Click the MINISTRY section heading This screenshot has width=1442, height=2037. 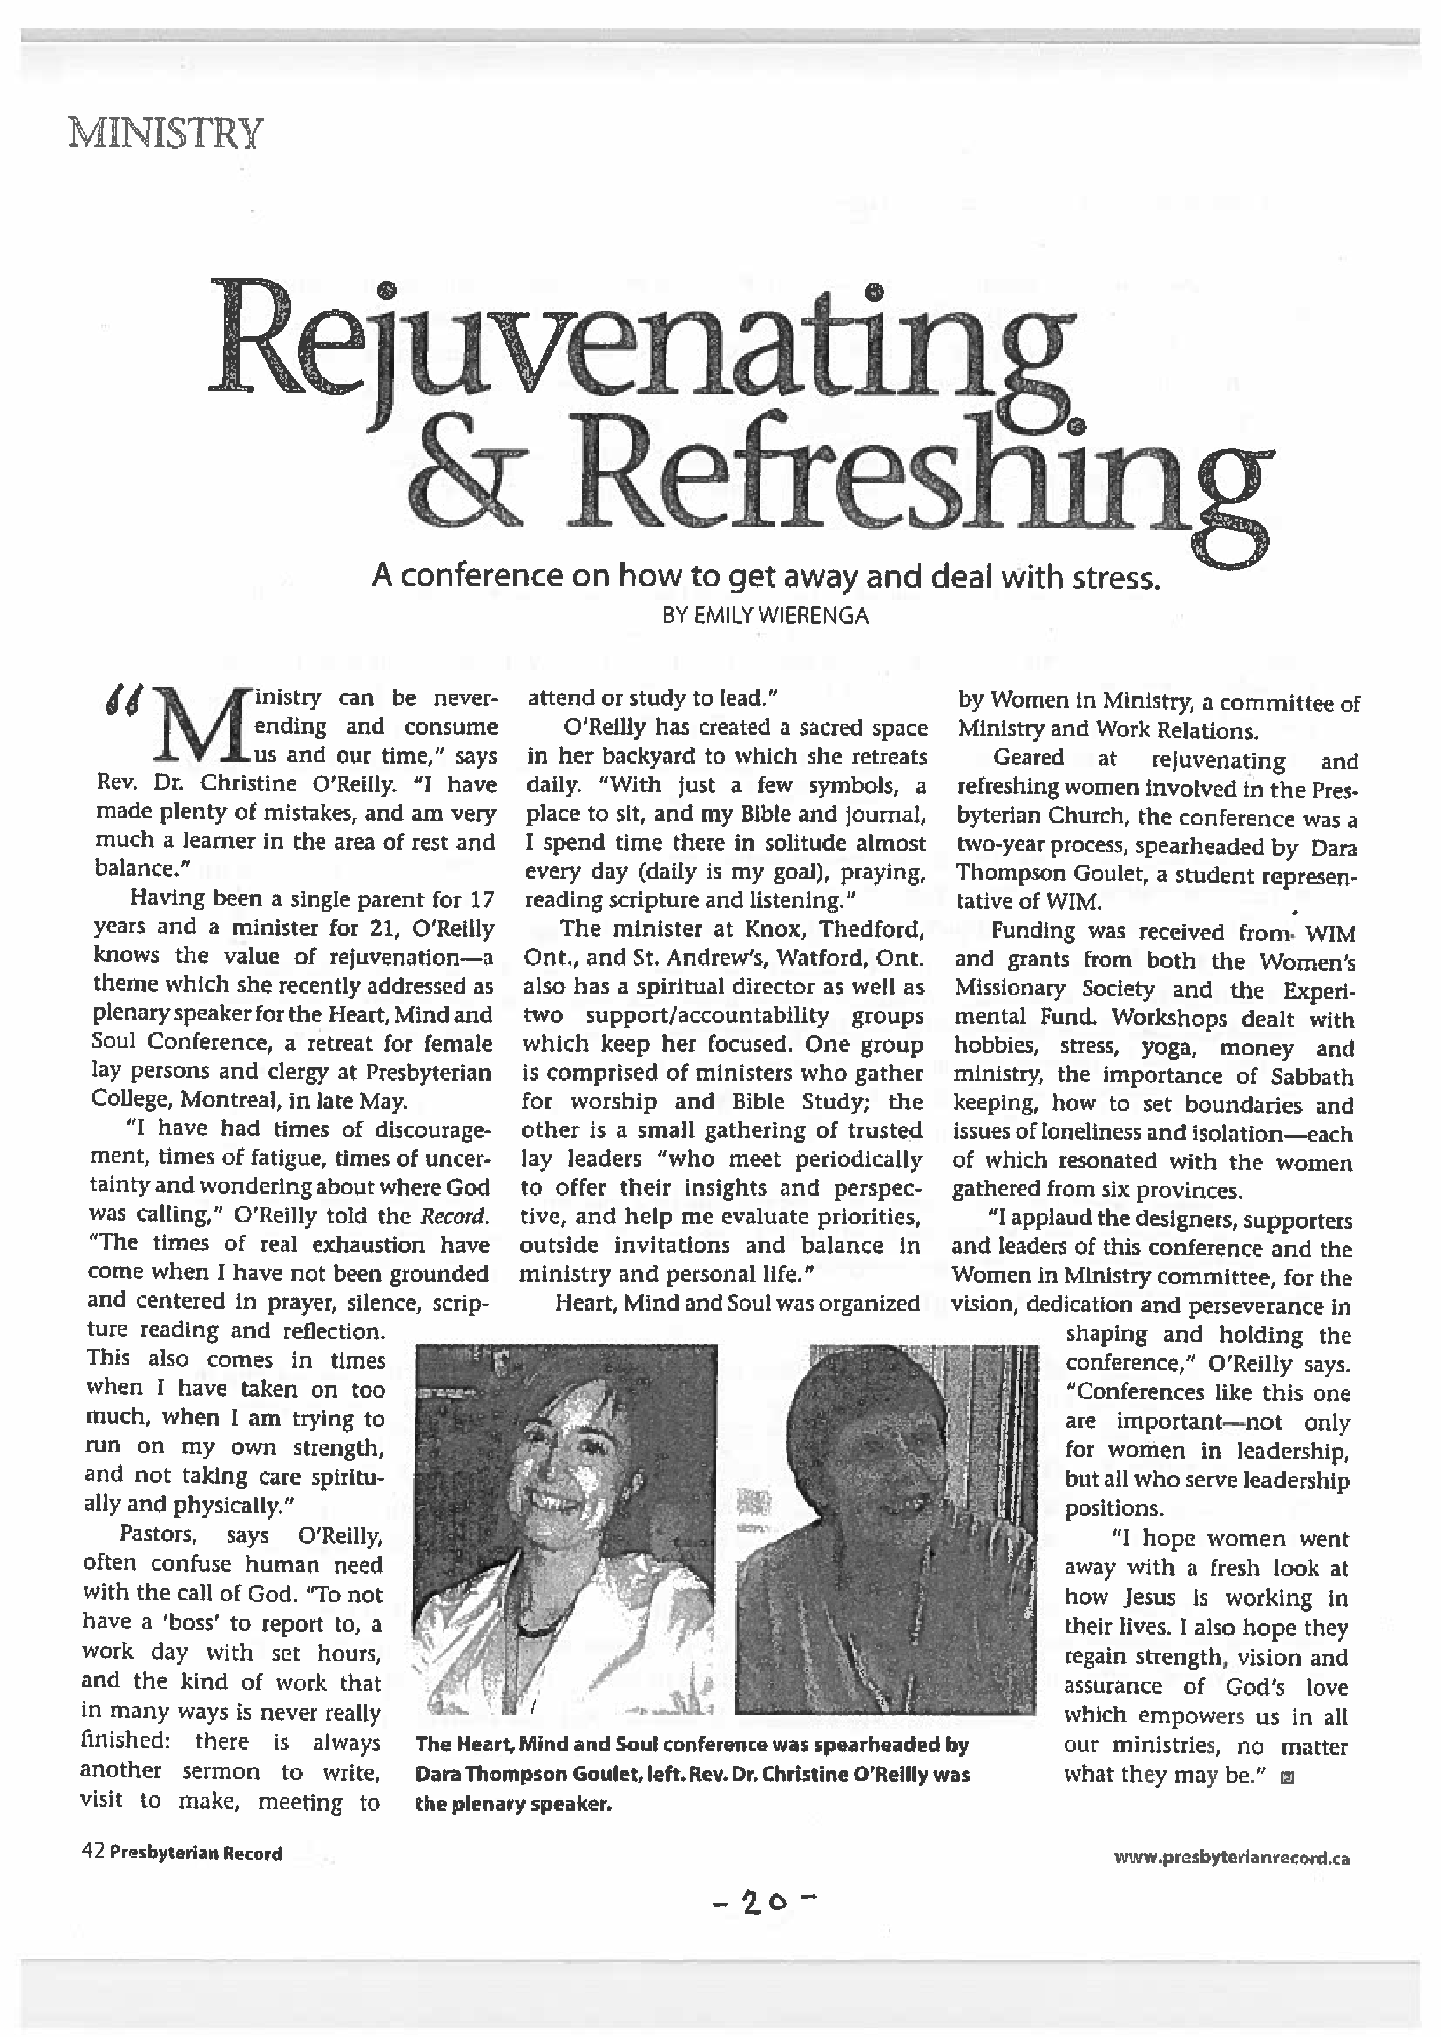coord(166,134)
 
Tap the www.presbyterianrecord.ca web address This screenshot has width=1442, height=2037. coord(1232,1858)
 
